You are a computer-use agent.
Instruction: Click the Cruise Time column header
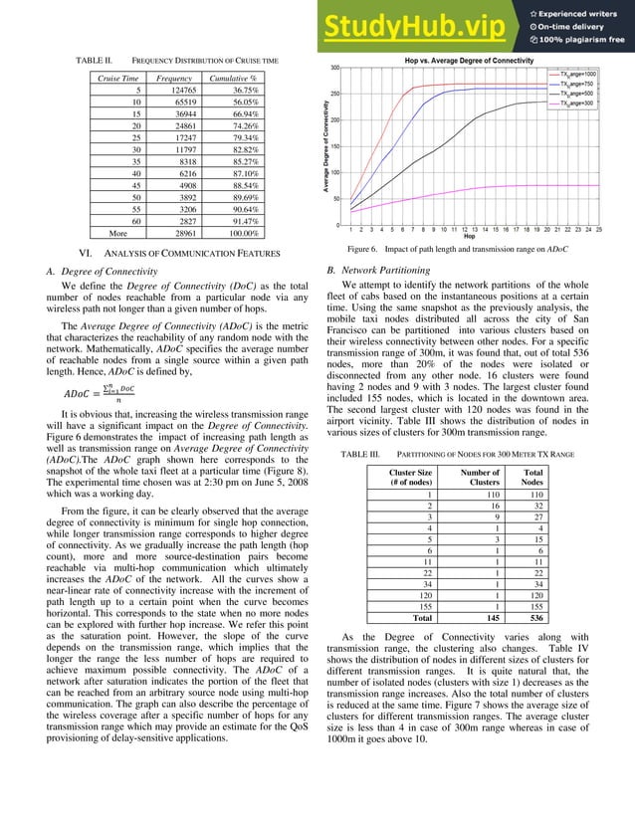117,77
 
